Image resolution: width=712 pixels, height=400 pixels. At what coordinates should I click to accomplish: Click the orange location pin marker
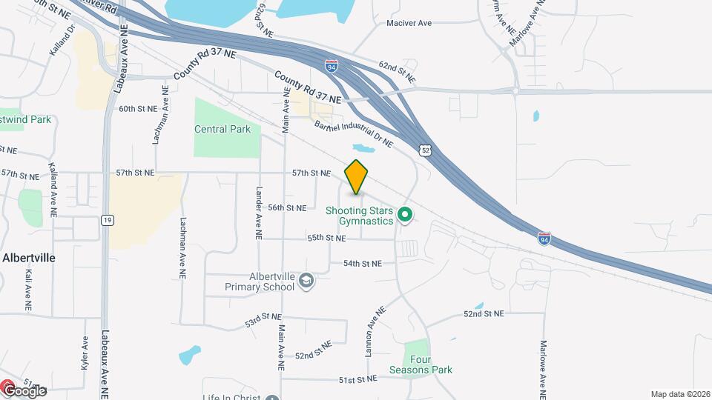click(x=357, y=177)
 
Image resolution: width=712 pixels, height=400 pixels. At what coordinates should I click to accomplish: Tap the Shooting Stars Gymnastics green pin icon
click(x=405, y=216)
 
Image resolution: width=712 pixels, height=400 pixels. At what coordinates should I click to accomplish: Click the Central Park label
click(x=222, y=129)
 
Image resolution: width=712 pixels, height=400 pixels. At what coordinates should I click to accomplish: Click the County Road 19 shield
click(x=108, y=220)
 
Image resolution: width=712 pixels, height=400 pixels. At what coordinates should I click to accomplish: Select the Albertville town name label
click(x=29, y=258)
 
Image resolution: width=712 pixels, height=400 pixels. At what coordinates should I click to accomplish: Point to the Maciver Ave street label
click(x=409, y=23)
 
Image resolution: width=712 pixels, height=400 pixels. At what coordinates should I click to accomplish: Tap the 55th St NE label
click(x=327, y=238)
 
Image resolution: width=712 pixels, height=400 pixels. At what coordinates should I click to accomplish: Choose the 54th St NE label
click(x=362, y=263)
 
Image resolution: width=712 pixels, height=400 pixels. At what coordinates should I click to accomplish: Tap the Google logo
click(x=24, y=390)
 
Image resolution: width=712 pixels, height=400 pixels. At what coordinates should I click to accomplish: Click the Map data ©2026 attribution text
click(x=679, y=394)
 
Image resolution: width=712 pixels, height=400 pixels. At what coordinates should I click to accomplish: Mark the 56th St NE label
click(x=287, y=208)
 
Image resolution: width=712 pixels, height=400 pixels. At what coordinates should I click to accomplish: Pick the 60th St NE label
click(x=139, y=109)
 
